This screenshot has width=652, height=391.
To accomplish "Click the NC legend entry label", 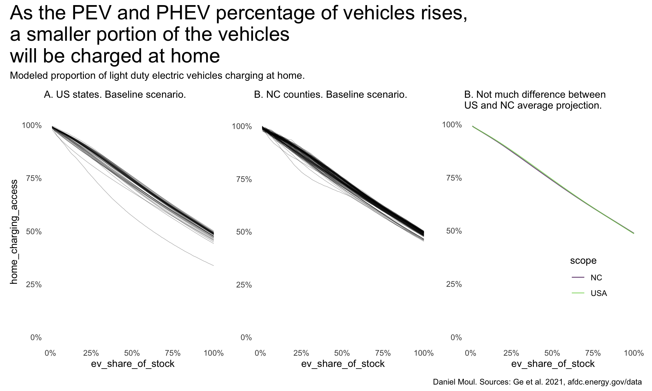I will pos(596,278).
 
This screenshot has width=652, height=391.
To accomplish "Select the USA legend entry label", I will pos(599,293).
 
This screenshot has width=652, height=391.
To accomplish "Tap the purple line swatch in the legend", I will pos(578,278).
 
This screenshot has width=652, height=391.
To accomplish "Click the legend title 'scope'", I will pos(583,261).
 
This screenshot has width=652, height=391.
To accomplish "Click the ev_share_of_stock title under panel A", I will pos(132,364).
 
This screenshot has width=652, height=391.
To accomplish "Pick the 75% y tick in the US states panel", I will pos(34,179).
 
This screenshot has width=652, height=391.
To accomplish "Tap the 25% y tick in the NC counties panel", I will pos(244,285).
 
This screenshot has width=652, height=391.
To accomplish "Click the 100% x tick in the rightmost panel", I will pos(634,353).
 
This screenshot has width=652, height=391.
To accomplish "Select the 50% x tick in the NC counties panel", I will pos(342,353).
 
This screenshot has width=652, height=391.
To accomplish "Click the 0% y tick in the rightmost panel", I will pos(456,337).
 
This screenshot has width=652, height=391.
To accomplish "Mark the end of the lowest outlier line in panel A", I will pos(213,265).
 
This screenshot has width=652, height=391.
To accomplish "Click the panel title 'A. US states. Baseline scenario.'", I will pos(115,94).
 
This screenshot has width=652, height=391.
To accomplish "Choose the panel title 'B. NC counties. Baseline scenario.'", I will pos(330,94).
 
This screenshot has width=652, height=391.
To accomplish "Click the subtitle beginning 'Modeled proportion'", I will pos(157,75).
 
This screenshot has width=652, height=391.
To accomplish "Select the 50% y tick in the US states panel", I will pos(34,231).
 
